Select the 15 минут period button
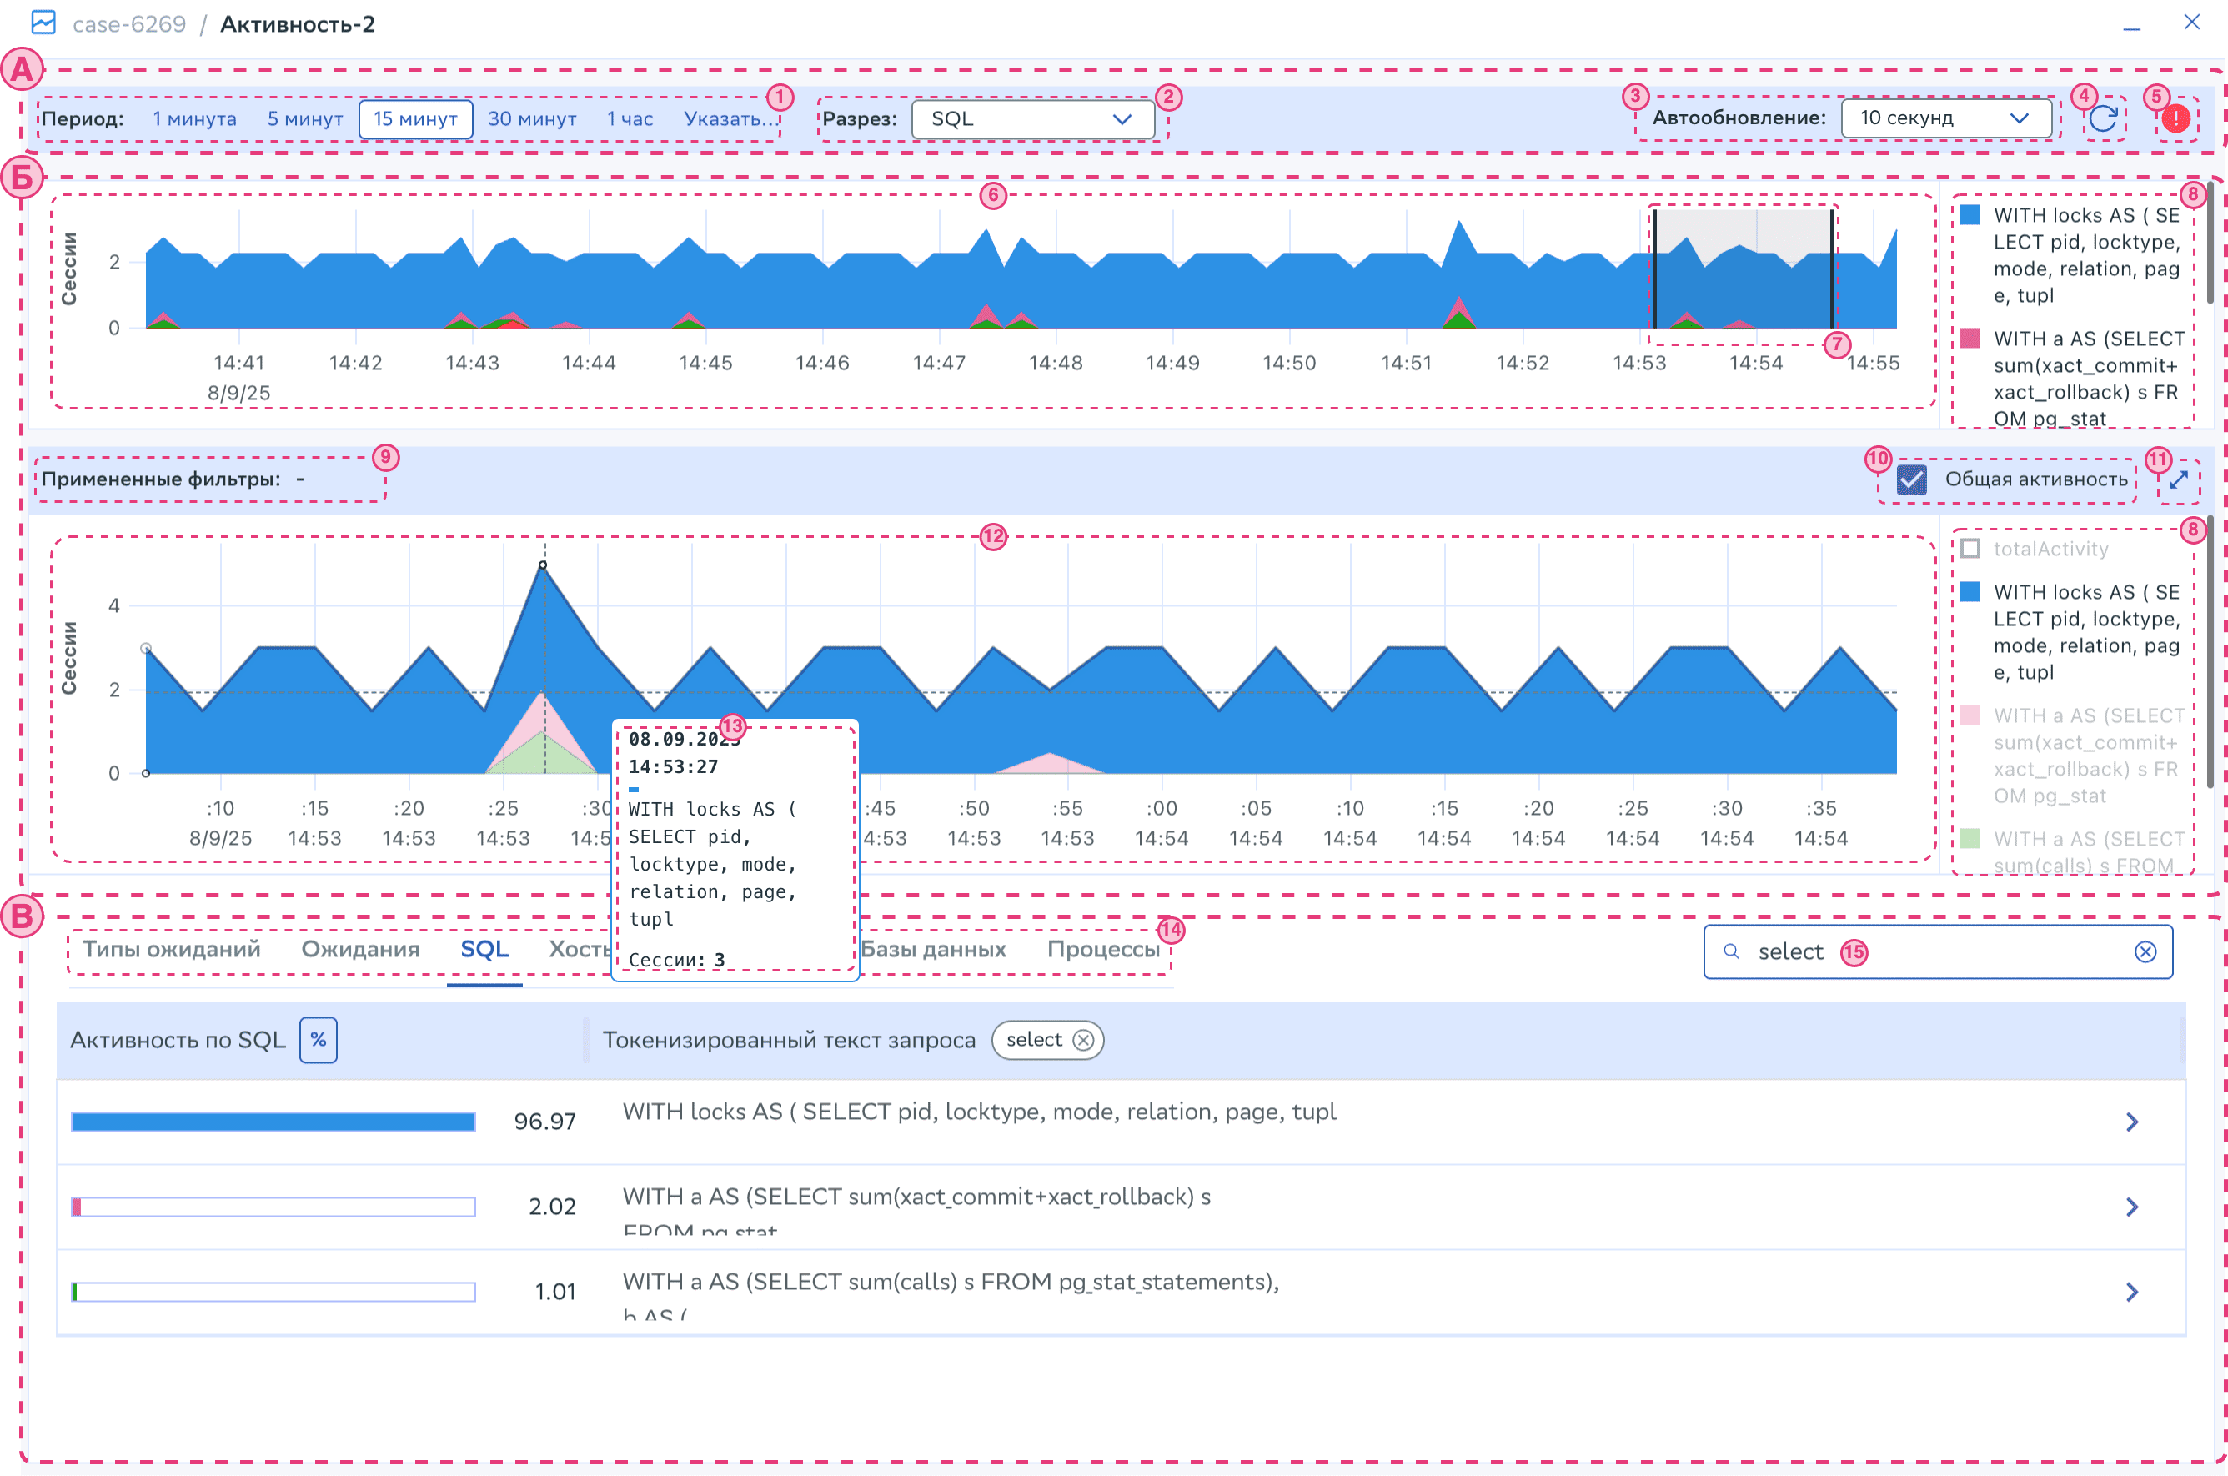click(415, 119)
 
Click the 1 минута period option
click(194, 119)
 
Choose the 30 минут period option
click(532, 119)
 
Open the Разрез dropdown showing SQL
click(1031, 119)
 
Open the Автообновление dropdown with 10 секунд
click(1944, 118)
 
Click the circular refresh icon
click(2103, 118)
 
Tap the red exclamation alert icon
click(2175, 118)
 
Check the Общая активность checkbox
click(1911, 480)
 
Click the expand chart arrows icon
click(2178, 480)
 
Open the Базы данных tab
click(933, 949)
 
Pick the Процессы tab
click(1102, 949)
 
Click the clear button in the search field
click(2145, 952)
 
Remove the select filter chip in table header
click(1083, 1040)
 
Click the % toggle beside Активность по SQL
click(319, 1040)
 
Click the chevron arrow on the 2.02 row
click(2132, 1207)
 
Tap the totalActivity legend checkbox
click(1970, 549)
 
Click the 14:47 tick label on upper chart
click(938, 364)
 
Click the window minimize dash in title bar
click(2132, 25)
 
